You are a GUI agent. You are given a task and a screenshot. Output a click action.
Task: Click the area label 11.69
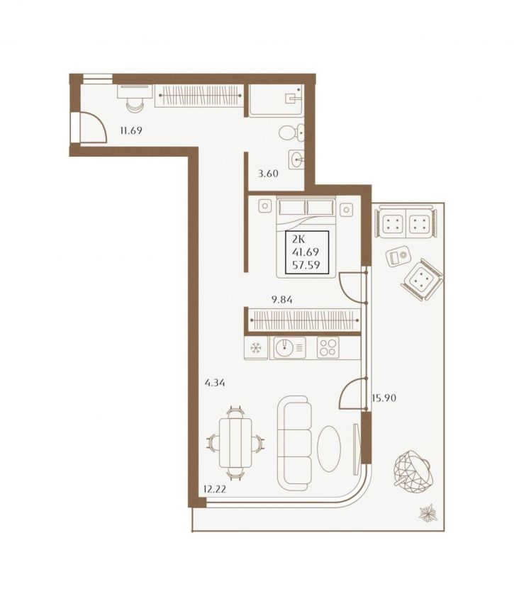(x=131, y=130)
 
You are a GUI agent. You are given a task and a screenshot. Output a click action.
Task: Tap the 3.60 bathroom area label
(x=268, y=174)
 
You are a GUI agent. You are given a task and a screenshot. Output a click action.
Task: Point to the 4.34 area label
(x=215, y=383)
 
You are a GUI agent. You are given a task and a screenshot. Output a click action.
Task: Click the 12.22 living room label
(x=215, y=490)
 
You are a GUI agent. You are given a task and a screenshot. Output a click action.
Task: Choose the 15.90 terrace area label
(x=384, y=398)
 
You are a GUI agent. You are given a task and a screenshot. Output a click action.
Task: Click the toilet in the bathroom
(x=291, y=133)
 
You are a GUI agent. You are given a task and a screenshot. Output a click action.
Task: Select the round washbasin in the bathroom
(x=296, y=159)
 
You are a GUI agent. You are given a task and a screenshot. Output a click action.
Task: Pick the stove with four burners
(x=328, y=347)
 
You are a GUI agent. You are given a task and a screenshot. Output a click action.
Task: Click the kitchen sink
(x=289, y=347)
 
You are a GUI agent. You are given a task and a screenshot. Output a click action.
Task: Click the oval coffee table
(x=329, y=448)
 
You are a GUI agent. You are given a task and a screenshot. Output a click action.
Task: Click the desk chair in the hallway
(x=135, y=105)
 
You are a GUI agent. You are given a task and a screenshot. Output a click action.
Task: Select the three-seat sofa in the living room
(x=295, y=442)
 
